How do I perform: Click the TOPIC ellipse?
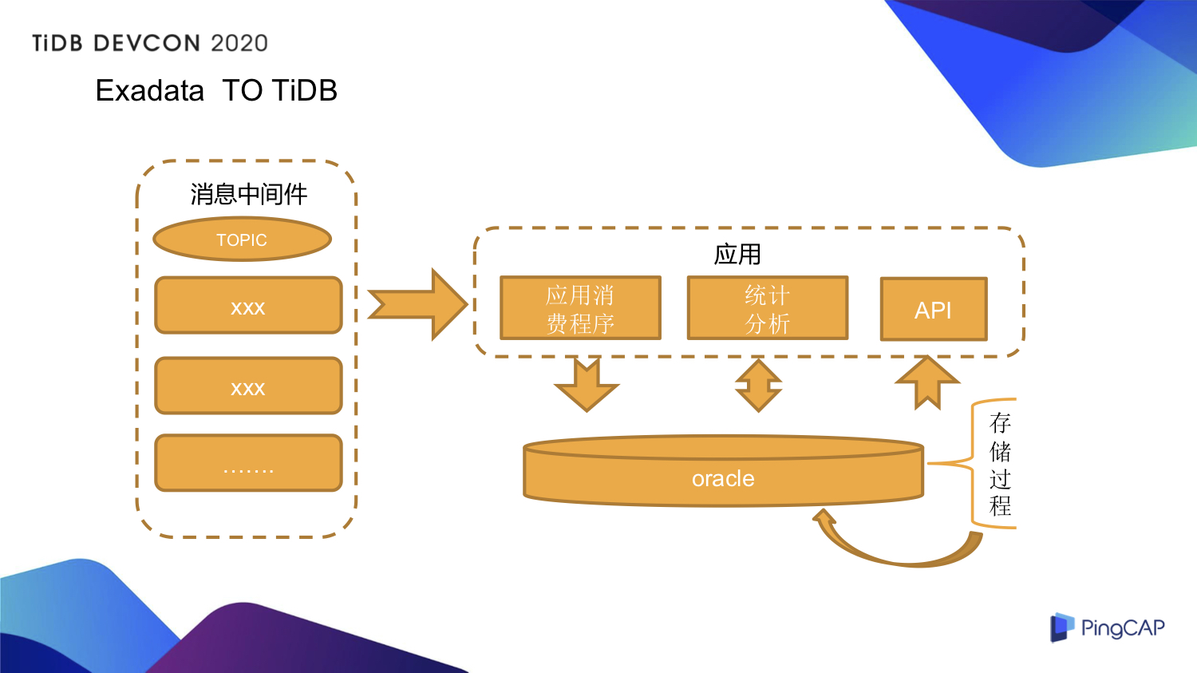point(242,240)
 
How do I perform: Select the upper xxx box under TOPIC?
point(248,306)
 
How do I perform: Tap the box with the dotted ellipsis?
point(248,463)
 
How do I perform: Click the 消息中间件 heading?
point(248,194)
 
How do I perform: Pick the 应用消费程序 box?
point(580,308)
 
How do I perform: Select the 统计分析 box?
point(767,308)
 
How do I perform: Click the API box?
point(933,309)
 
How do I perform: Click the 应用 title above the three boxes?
point(737,255)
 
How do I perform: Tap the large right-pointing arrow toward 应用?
point(419,304)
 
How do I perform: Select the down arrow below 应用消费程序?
point(587,385)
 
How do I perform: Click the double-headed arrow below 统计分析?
point(758,386)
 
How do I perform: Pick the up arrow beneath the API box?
point(926,382)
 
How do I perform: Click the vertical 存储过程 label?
point(1000,463)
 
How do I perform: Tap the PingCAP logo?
point(1107,627)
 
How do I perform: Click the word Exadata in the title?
point(149,91)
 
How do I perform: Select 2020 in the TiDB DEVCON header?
point(239,43)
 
